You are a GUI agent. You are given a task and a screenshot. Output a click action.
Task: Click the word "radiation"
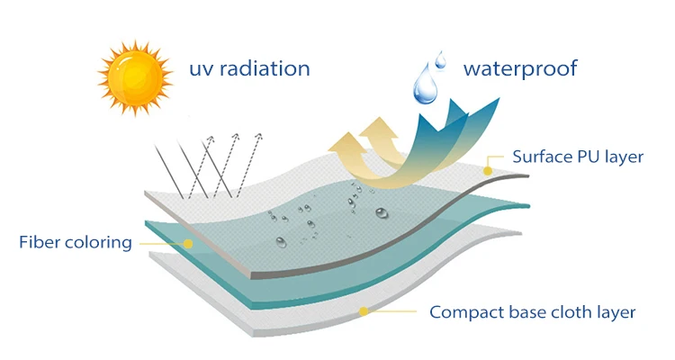(x=265, y=68)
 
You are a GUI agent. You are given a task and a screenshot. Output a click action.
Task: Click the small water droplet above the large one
(x=440, y=59)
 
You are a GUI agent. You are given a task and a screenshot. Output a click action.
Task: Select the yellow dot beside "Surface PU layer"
(x=488, y=170)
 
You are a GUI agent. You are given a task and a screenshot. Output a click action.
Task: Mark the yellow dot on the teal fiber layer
(x=188, y=243)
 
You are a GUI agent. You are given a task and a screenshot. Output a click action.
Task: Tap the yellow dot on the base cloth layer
(x=364, y=312)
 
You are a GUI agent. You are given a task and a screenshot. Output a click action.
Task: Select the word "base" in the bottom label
(x=526, y=313)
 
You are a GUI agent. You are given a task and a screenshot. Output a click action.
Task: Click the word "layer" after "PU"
(x=625, y=157)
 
